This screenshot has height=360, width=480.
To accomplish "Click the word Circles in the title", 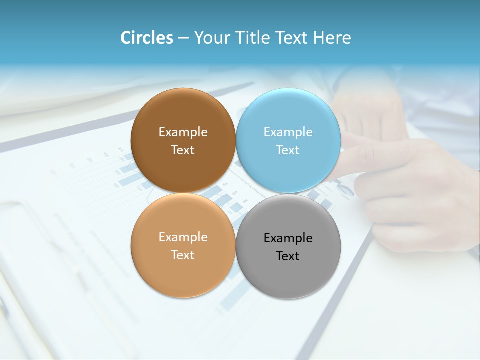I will click(x=146, y=38).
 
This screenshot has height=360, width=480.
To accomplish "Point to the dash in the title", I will click(x=183, y=38).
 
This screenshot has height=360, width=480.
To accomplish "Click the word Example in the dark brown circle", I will click(x=183, y=132).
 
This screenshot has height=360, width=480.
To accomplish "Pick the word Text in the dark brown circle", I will click(x=183, y=150).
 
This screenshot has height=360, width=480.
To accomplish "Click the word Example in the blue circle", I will click(x=288, y=132).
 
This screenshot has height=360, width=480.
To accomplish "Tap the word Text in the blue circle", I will click(x=288, y=150).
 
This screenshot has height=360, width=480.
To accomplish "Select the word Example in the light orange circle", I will click(x=183, y=237).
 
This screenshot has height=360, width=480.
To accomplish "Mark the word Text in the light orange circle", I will click(x=183, y=255).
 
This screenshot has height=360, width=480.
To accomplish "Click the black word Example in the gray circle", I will click(x=288, y=238).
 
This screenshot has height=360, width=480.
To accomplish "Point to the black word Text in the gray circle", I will click(x=288, y=256).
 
